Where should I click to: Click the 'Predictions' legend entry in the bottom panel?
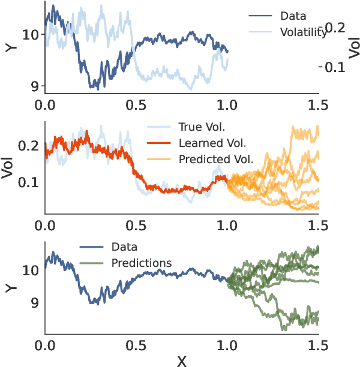[142, 263]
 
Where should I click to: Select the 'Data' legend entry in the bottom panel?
[124, 246]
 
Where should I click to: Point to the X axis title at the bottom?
[181, 360]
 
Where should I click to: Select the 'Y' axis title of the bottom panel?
[9, 287]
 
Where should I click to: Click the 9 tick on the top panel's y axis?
[34, 86]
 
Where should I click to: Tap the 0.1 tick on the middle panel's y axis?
[29, 182]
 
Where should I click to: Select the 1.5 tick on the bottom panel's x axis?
[317, 345]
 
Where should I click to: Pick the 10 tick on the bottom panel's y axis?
[30, 270]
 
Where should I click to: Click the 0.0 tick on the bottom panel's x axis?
[44, 345]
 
